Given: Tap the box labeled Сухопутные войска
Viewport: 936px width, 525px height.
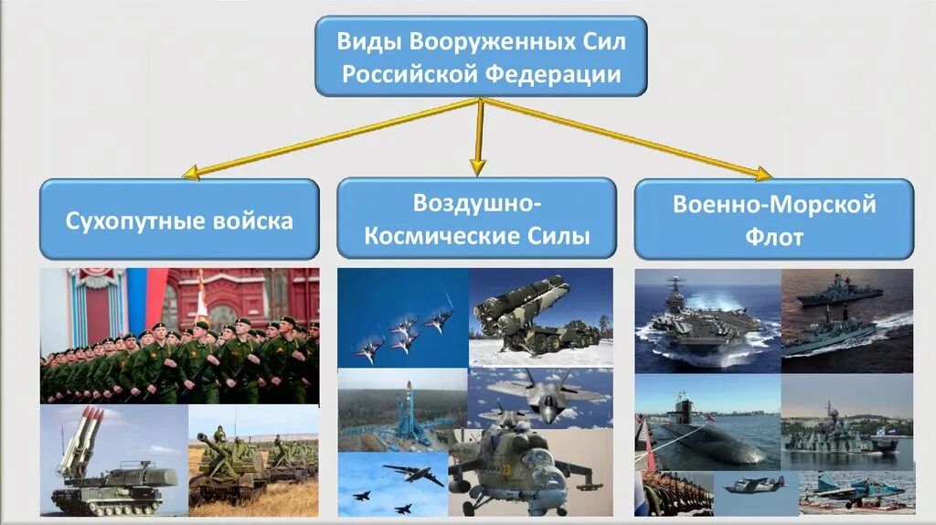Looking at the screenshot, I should [x=179, y=220].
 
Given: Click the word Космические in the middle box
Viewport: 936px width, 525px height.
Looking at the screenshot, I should [x=420, y=237].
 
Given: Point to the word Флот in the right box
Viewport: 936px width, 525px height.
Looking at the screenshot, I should [x=773, y=238].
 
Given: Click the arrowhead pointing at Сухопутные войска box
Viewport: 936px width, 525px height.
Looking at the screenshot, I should [x=190, y=172].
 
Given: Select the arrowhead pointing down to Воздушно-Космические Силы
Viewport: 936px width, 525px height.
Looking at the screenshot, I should [x=477, y=166].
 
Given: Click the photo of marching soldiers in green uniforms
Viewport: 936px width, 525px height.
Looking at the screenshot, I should [x=179, y=336].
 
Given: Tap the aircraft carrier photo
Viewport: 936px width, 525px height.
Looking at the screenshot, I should [x=707, y=321].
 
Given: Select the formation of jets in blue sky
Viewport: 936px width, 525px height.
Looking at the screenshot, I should [x=403, y=317].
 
